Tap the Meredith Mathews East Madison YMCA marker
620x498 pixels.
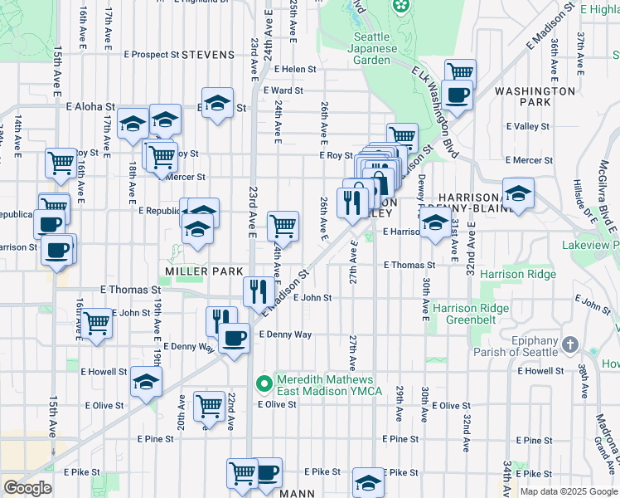point(264,383)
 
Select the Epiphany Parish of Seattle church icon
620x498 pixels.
point(569,344)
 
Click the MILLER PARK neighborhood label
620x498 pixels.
point(204,271)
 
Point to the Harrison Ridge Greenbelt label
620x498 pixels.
point(476,315)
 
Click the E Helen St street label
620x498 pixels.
point(295,69)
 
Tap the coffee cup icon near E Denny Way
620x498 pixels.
point(234,337)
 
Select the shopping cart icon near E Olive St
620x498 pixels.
point(209,407)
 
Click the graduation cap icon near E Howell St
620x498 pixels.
point(146,382)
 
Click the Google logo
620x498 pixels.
point(27,488)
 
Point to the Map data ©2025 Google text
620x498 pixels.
point(567,491)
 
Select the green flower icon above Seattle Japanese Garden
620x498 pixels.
point(401,7)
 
